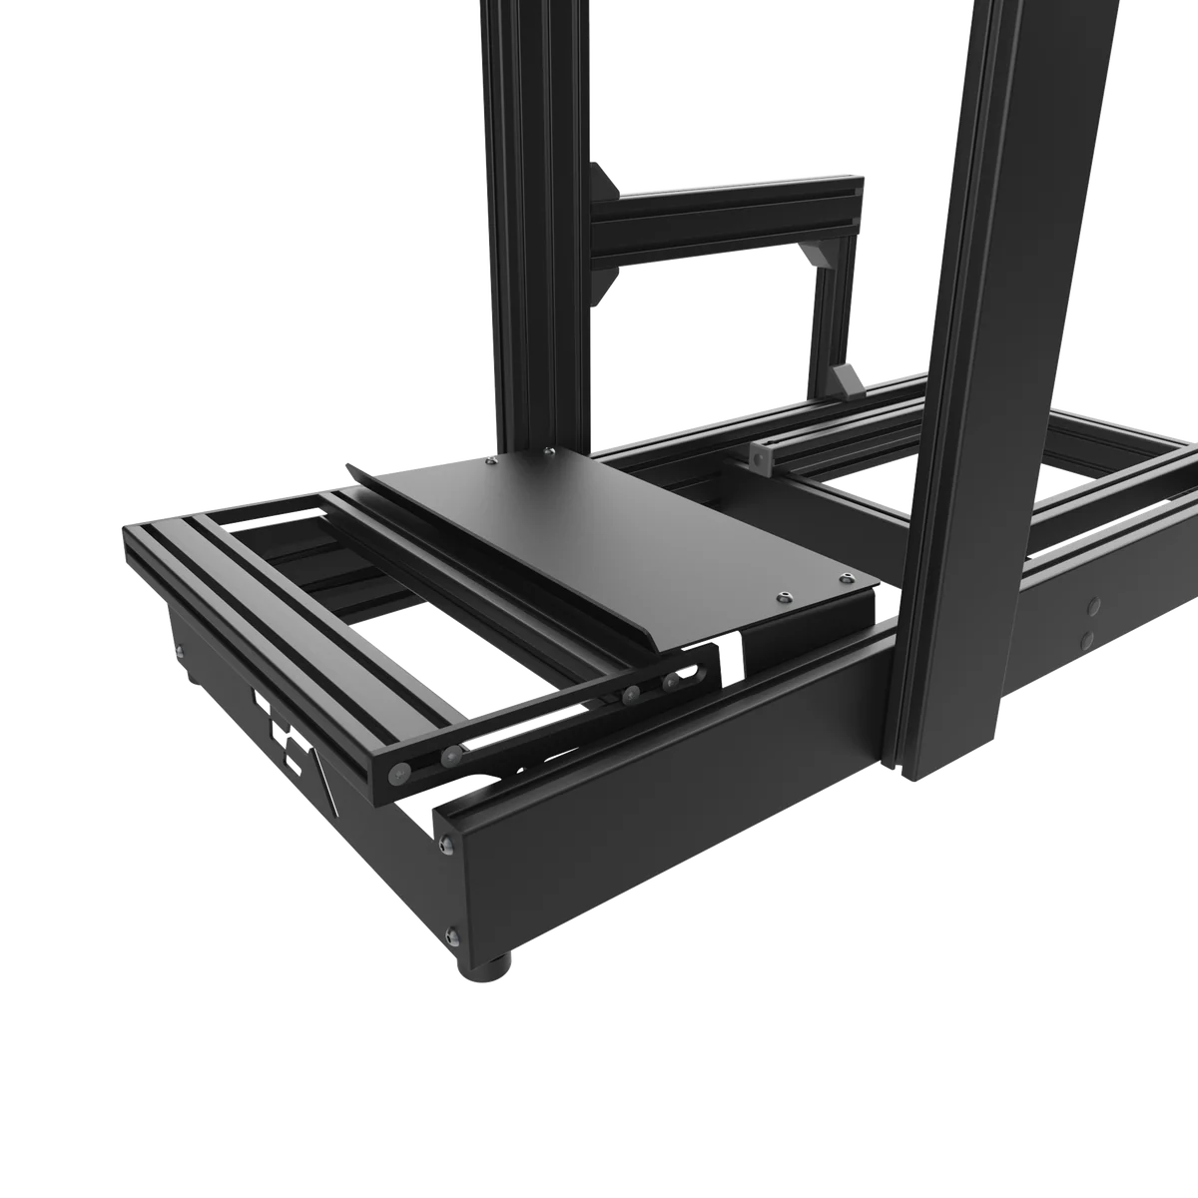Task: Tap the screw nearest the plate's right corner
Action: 848,578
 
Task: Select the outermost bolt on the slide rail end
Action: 400,771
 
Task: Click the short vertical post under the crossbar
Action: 828,309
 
